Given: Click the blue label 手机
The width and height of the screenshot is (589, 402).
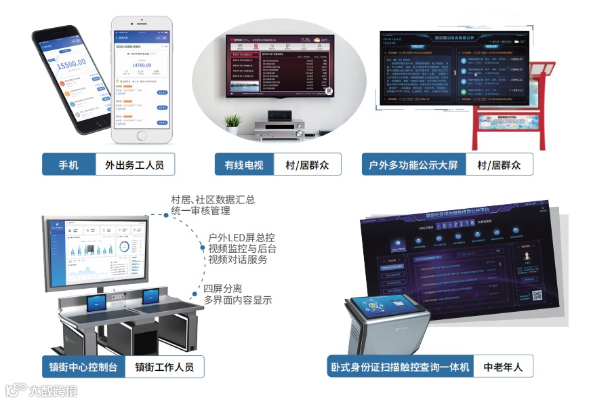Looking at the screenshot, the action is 68,164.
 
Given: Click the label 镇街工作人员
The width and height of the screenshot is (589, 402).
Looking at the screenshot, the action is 165,367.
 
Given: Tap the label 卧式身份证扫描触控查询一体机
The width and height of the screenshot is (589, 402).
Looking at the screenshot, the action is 400,367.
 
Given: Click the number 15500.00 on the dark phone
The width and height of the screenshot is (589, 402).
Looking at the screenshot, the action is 70,64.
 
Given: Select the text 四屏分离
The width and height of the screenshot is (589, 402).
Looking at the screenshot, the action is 224,287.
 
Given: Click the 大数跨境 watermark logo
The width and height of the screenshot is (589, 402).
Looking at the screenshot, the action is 41,390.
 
